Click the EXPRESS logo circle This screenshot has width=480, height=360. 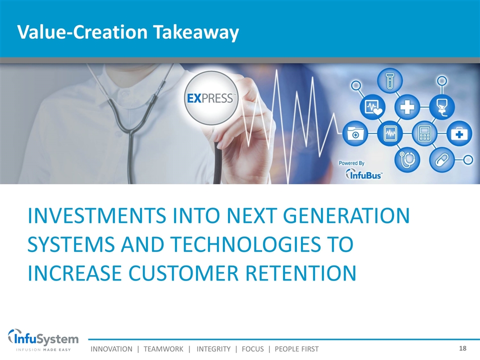pyautogui.click(x=211, y=98)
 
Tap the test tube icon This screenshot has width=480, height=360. pyautogui.click(x=389, y=81)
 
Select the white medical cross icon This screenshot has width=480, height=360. pyautogui.click(x=407, y=107)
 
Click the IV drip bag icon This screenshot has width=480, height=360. pyautogui.click(x=441, y=107)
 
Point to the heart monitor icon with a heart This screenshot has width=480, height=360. pyautogui.click(x=372, y=107)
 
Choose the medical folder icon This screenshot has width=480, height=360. pyautogui.click(x=354, y=133)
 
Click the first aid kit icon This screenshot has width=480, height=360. pyautogui.click(x=459, y=133)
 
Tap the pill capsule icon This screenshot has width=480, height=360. pyautogui.click(x=441, y=159)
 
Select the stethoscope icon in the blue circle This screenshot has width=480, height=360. pyautogui.click(x=407, y=159)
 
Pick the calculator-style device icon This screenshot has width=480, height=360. pyautogui.click(x=424, y=133)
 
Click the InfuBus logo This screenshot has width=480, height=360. pyautogui.click(x=363, y=174)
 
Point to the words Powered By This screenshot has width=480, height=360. pyautogui.click(x=351, y=163)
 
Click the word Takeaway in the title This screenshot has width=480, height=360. pyautogui.click(x=196, y=32)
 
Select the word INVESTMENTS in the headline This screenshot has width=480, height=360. pyautogui.click(x=96, y=215)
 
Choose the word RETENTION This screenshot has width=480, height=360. pyautogui.click(x=301, y=273)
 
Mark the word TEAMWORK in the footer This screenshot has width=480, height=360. pyautogui.click(x=163, y=349)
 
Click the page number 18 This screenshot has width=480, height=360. pyautogui.click(x=462, y=348)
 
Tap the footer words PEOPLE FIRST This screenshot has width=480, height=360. pyautogui.click(x=296, y=349)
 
